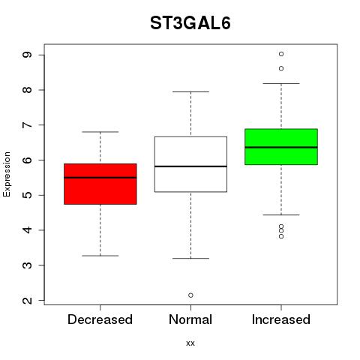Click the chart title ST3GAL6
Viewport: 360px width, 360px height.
coord(190,23)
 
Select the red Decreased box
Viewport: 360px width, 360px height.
coord(100,184)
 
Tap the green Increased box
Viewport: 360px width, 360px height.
coord(281,147)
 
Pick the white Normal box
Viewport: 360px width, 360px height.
coord(190,164)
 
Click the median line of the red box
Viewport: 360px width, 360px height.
coord(100,178)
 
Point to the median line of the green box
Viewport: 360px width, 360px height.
coord(281,147)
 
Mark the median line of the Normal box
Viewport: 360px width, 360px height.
coord(190,166)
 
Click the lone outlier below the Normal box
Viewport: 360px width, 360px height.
coord(190,295)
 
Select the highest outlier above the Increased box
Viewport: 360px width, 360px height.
coord(281,54)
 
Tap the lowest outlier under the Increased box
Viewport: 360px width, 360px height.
coord(281,236)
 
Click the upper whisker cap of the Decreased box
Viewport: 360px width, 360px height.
coord(100,132)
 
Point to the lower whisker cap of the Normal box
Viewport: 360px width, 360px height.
coord(190,258)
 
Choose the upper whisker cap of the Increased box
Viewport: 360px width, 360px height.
coord(281,83)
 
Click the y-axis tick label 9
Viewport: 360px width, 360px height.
coord(27,55)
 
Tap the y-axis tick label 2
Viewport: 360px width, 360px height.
coord(27,300)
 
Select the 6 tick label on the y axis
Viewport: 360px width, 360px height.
coord(27,160)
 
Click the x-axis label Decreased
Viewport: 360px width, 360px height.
coord(100,319)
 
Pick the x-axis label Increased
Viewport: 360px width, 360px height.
coord(281,319)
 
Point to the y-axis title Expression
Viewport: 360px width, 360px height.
coord(7,175)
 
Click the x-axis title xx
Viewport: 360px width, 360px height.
coord(190,343)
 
